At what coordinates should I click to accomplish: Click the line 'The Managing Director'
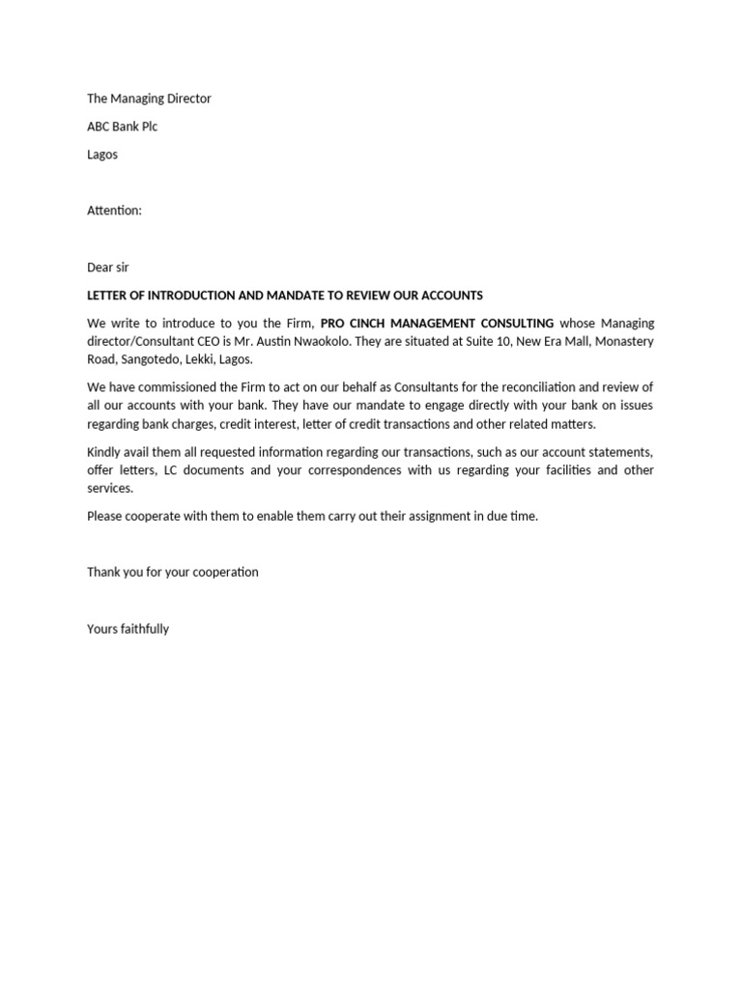click(149, 99)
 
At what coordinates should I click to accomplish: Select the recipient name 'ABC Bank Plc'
click(122, 127)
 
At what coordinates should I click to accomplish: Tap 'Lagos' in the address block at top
click(102, 155)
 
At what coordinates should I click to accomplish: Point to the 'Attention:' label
click(114, 211)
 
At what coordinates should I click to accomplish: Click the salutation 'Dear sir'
click(108, 268)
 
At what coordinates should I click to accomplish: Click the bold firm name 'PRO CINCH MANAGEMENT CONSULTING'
click(437, 324)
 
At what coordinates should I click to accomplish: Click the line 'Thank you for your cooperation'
click(173, 572)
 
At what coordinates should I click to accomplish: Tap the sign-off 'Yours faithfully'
click(128, 629)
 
